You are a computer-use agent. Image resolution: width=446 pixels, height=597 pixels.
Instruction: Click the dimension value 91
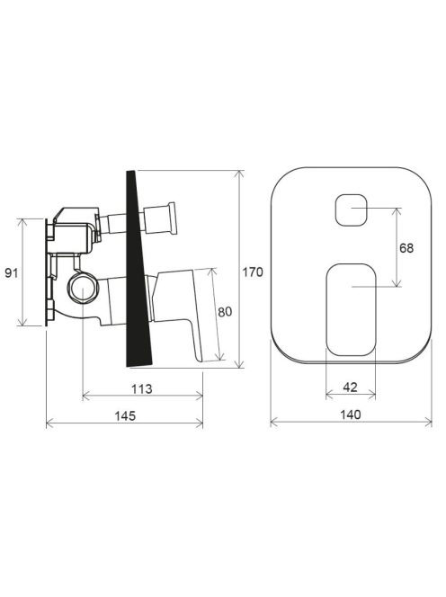tap(11, 272)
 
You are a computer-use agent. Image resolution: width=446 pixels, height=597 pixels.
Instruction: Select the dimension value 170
tap(253, 272)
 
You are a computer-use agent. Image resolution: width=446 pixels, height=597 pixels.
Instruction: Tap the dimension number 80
tap(225, 312)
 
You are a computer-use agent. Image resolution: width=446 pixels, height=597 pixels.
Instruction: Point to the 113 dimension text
tap(142, 389)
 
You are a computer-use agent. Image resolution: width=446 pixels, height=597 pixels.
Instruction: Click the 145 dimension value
tap(125, 415)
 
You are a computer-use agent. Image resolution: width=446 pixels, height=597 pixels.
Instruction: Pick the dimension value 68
tap(406, 248)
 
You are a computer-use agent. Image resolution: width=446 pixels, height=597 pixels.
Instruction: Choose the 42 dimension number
tap(351, 388)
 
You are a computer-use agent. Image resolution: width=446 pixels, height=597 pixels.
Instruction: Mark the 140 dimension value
tap(351, 414)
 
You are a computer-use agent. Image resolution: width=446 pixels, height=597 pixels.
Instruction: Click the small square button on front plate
tap(352, 209)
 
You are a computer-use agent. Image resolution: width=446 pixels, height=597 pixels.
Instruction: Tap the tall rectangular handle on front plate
tap(352, 309)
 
